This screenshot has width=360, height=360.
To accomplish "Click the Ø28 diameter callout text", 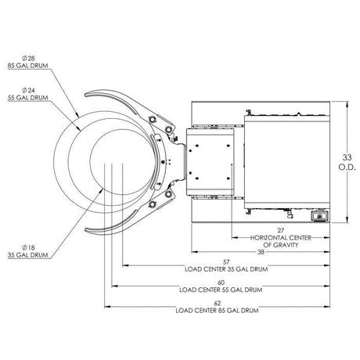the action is [x=28, y=58].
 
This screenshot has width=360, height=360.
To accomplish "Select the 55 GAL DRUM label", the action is [x=28, y=98].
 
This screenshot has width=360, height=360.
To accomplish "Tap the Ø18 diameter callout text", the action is [x=28, y=247].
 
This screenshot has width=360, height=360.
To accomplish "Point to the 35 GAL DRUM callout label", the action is [x=28, y=255].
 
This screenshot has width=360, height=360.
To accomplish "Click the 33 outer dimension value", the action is [x=347, y=157].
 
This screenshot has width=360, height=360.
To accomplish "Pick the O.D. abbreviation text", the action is [x=347, y=167].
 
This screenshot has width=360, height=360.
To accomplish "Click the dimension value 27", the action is [x=280, y=230].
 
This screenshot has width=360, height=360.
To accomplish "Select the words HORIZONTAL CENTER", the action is [x=281, y=238].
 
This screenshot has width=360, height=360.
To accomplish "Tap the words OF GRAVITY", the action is [x=281, y=245].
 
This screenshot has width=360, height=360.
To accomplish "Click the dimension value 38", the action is [x=261, y=252].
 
